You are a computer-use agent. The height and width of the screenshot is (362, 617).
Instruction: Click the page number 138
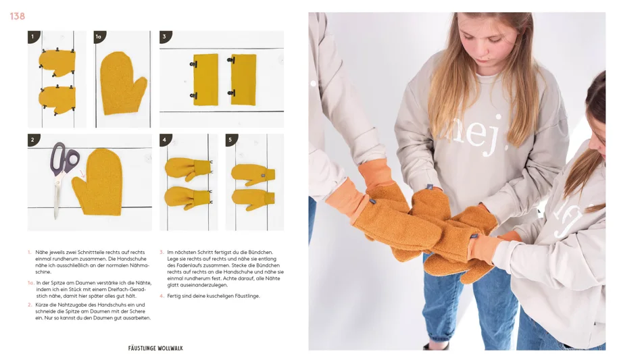click(x=18, y=16)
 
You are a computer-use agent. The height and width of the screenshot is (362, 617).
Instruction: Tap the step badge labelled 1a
click(x=99, y=37)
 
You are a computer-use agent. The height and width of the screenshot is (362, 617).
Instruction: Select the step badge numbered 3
click(x=164, y=37)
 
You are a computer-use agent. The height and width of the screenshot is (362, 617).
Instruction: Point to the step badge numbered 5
click(x=230, y=140)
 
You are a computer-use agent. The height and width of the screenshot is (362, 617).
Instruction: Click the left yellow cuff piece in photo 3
click(x=206, y=79)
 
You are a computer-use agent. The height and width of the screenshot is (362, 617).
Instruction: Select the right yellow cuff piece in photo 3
click(x=243, y=79)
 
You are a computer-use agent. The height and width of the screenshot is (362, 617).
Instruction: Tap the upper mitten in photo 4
click(x=187, y=169)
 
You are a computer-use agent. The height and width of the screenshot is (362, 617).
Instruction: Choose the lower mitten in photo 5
click(x=253, y=198)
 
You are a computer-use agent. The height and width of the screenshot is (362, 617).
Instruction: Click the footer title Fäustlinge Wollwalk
click(x=155, y=348)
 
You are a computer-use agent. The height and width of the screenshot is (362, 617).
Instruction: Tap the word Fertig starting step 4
click(x=174, y=296)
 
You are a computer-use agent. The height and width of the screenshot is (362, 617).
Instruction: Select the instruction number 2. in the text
click(x=30, y=305)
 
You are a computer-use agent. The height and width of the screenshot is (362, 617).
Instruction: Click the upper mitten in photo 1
click(x=57, y=63)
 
